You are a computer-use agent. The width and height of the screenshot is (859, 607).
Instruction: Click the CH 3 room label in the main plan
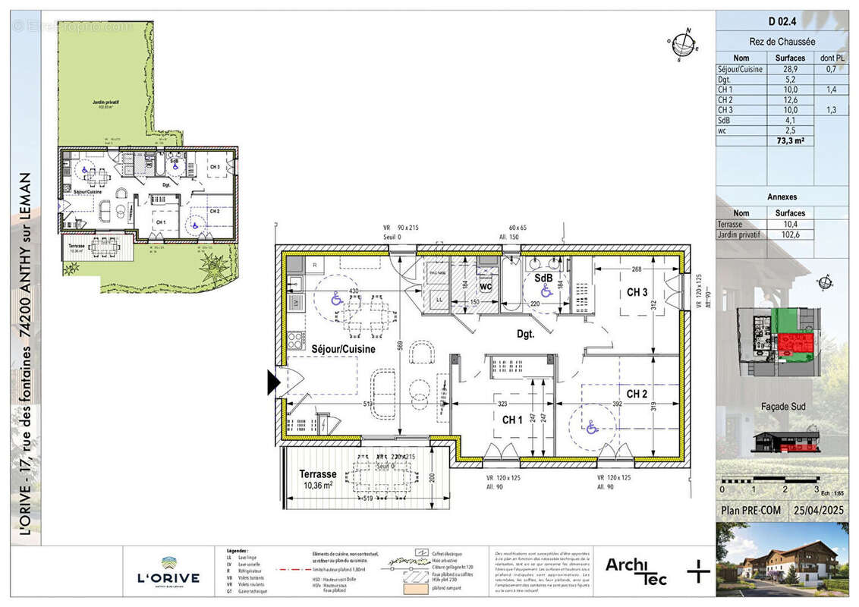[637, 293]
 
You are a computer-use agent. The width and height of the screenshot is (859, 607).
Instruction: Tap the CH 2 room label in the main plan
[637, 394]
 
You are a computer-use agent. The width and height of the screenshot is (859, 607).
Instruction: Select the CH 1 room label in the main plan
[512, 420]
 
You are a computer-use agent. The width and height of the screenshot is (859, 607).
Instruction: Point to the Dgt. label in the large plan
[526, 333]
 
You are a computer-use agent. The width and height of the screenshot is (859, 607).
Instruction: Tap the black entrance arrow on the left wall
[273, 383]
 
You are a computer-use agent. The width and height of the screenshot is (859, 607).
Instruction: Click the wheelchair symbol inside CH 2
[592, 428]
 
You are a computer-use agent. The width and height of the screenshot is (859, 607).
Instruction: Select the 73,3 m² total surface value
[789, 141]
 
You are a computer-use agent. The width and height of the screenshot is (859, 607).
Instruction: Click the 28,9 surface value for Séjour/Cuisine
[789, 69]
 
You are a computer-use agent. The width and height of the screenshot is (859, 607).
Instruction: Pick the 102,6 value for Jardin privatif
[789, 235]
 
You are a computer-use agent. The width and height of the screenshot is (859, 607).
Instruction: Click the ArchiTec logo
[636, 571]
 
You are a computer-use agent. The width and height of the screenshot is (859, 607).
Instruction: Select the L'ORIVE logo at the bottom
[168, 574]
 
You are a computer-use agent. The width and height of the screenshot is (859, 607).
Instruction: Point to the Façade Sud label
[782, 407]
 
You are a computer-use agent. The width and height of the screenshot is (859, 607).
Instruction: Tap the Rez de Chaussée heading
[782, 42]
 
